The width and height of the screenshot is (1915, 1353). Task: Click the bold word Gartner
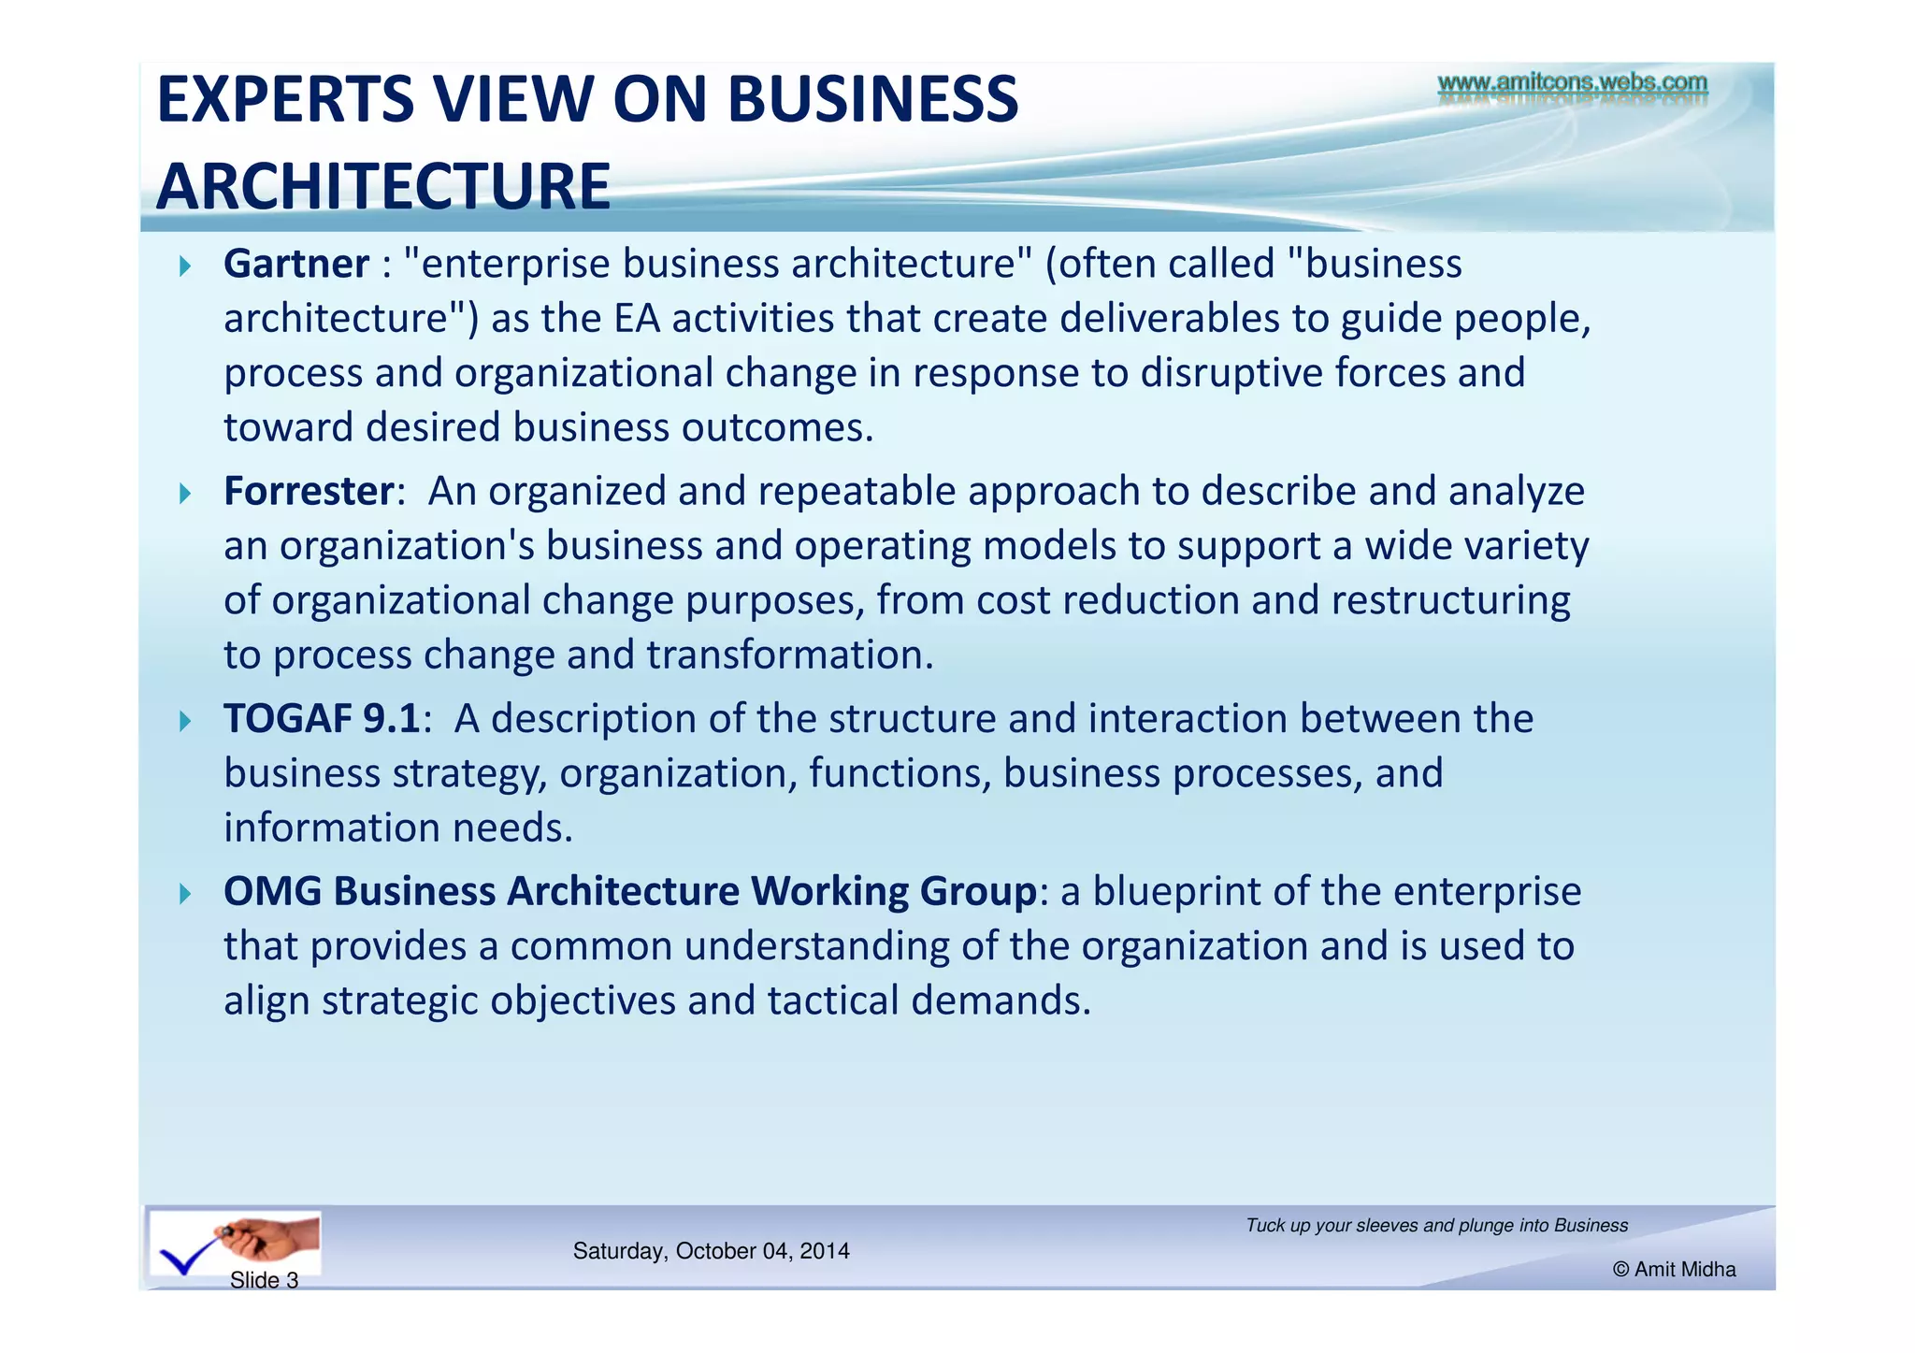295,265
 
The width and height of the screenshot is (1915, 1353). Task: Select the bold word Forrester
309,492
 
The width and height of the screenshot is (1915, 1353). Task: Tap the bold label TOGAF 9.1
322,719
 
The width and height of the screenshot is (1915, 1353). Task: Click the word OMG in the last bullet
272,892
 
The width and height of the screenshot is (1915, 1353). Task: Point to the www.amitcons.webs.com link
1572,83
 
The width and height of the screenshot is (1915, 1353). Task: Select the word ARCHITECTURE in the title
383,186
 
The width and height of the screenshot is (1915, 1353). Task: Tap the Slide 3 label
264,1280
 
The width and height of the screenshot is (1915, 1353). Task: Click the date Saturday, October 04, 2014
711,1251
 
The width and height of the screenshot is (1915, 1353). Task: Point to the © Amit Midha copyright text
1674,1269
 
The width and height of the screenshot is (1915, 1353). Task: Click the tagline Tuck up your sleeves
1436,1226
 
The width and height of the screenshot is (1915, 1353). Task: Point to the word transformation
790,655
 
